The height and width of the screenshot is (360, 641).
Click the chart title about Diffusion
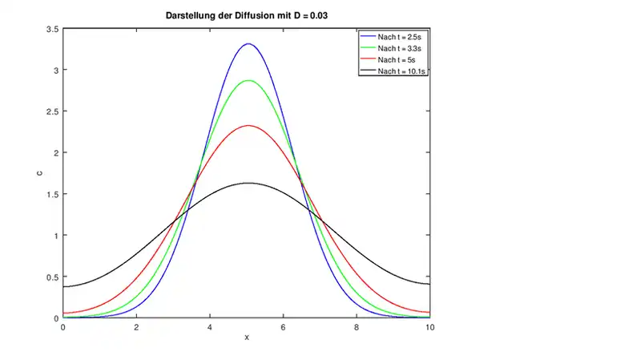point(246,14)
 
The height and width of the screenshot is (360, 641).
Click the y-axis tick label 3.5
point(52,29)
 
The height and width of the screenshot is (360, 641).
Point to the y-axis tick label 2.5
point(52,111)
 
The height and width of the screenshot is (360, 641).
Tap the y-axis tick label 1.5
point(52,194)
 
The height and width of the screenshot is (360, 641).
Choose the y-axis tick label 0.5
point(52,277)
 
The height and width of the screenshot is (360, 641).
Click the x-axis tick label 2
point(136,327)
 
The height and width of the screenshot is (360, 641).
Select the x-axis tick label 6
point(284,327)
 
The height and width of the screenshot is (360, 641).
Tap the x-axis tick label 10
point(431,327)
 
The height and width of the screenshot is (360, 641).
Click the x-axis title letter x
point(247,338)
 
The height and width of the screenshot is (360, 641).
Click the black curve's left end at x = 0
point(63,286)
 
